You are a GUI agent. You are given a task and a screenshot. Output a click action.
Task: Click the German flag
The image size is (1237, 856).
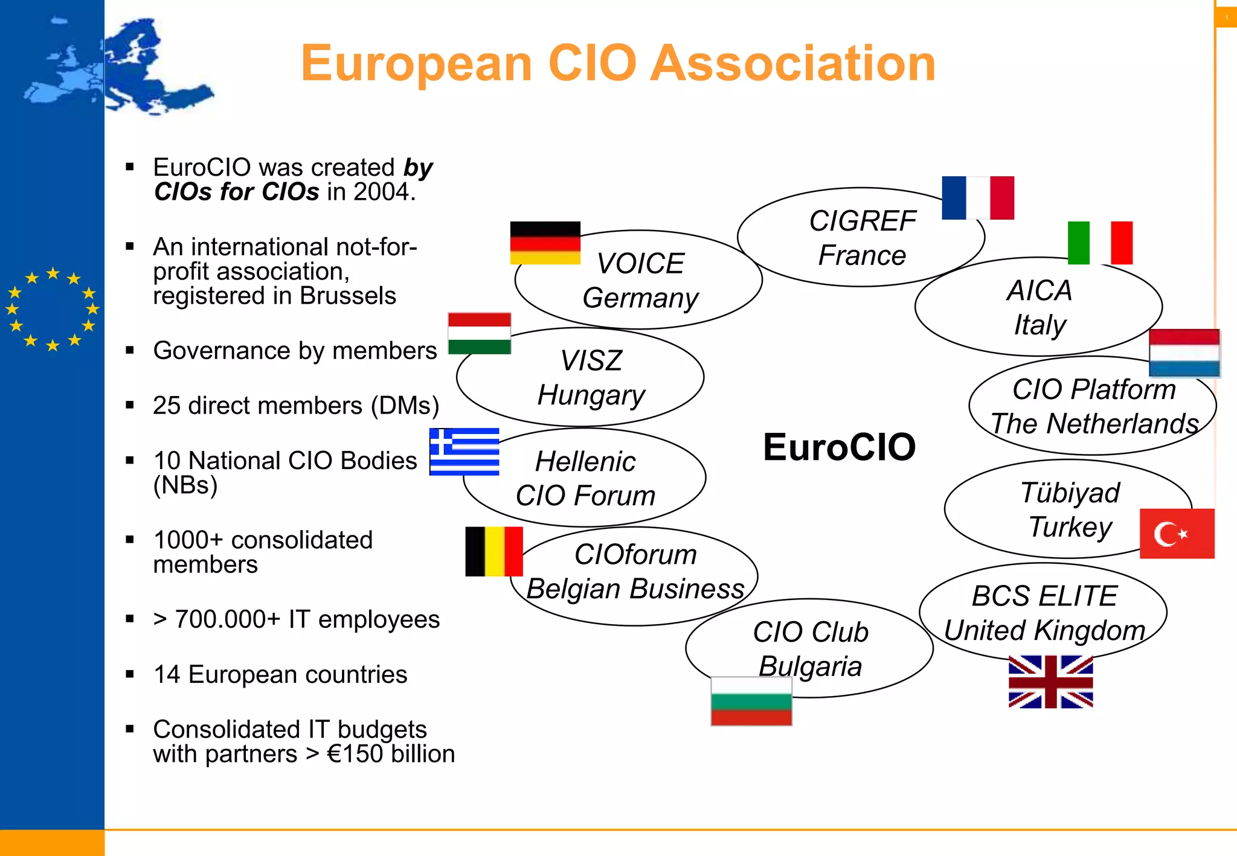point(545,243)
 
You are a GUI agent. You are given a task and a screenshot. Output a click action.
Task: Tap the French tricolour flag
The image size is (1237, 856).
point(978,198)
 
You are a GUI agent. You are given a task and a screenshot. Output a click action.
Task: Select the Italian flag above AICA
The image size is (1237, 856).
point(1100,243)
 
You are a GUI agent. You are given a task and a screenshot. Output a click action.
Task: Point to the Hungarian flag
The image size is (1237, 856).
point(480,333)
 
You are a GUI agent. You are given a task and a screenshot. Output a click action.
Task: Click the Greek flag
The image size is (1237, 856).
point(464,452)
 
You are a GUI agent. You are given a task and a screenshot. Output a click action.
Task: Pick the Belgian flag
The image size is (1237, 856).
point(494,551)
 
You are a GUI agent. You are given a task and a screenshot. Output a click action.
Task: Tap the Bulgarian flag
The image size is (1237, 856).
point(751,701)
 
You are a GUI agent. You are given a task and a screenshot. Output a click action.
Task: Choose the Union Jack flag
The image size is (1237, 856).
point(1050,682)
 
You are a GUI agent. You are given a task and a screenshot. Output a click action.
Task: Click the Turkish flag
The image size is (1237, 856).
point(1177,534)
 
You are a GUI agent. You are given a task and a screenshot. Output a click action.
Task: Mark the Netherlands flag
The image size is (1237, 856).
point(1184,353)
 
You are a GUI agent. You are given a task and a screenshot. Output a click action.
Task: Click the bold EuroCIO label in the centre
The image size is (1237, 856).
point(839,447)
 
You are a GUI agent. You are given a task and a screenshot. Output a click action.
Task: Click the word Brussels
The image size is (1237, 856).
point(348,296)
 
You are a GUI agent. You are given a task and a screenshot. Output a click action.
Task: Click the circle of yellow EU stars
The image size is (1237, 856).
point(53,309)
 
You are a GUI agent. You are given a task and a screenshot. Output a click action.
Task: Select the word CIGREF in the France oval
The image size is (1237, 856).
point(863,221)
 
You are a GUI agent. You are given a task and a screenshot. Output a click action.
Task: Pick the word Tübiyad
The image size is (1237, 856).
point(1070,493)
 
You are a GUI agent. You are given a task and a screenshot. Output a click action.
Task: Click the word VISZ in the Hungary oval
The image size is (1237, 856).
point(591,361)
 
